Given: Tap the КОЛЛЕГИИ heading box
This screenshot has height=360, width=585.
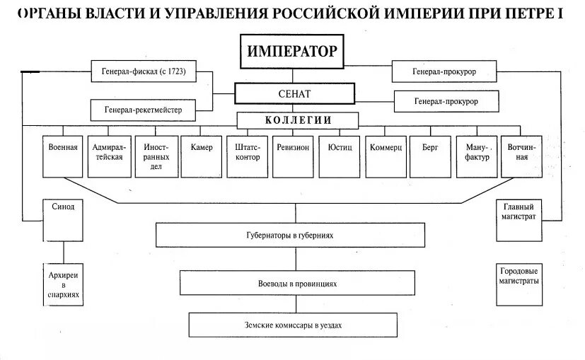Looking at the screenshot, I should [298, 120].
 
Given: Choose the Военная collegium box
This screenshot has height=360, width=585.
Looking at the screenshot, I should [64, 156].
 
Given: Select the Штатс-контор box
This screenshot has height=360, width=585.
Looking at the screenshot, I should [247, 156].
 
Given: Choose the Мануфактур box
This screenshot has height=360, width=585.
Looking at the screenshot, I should [477, 156].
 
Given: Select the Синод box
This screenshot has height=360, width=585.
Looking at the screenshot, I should [63, 210].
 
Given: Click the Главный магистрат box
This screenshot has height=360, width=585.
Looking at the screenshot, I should [519, 211].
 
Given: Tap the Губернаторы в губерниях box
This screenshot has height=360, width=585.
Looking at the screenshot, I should [290, 236].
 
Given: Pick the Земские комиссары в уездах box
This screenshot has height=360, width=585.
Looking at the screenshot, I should [292, 325].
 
